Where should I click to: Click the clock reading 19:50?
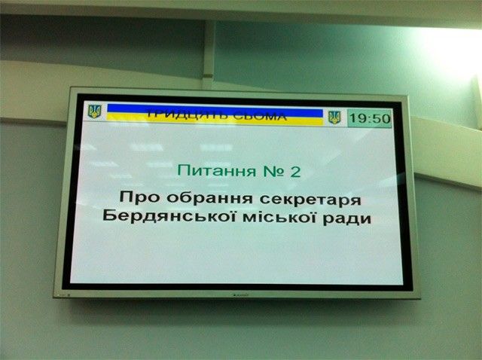(x=370, y=118)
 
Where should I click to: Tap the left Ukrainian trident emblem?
(x=94, y=111)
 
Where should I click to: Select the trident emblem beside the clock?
(x=334, y=117)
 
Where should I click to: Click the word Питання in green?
(x=217, y=171)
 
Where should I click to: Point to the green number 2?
(x=294, y=172)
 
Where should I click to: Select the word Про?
(x=139, y=197)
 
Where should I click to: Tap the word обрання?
(x=210, y=198)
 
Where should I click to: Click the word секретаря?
(x=310, y=200)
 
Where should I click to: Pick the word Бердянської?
(x=169, y=216)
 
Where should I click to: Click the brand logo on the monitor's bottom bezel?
(x=240, y=294)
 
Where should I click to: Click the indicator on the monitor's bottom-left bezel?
(x=69, y=294)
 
